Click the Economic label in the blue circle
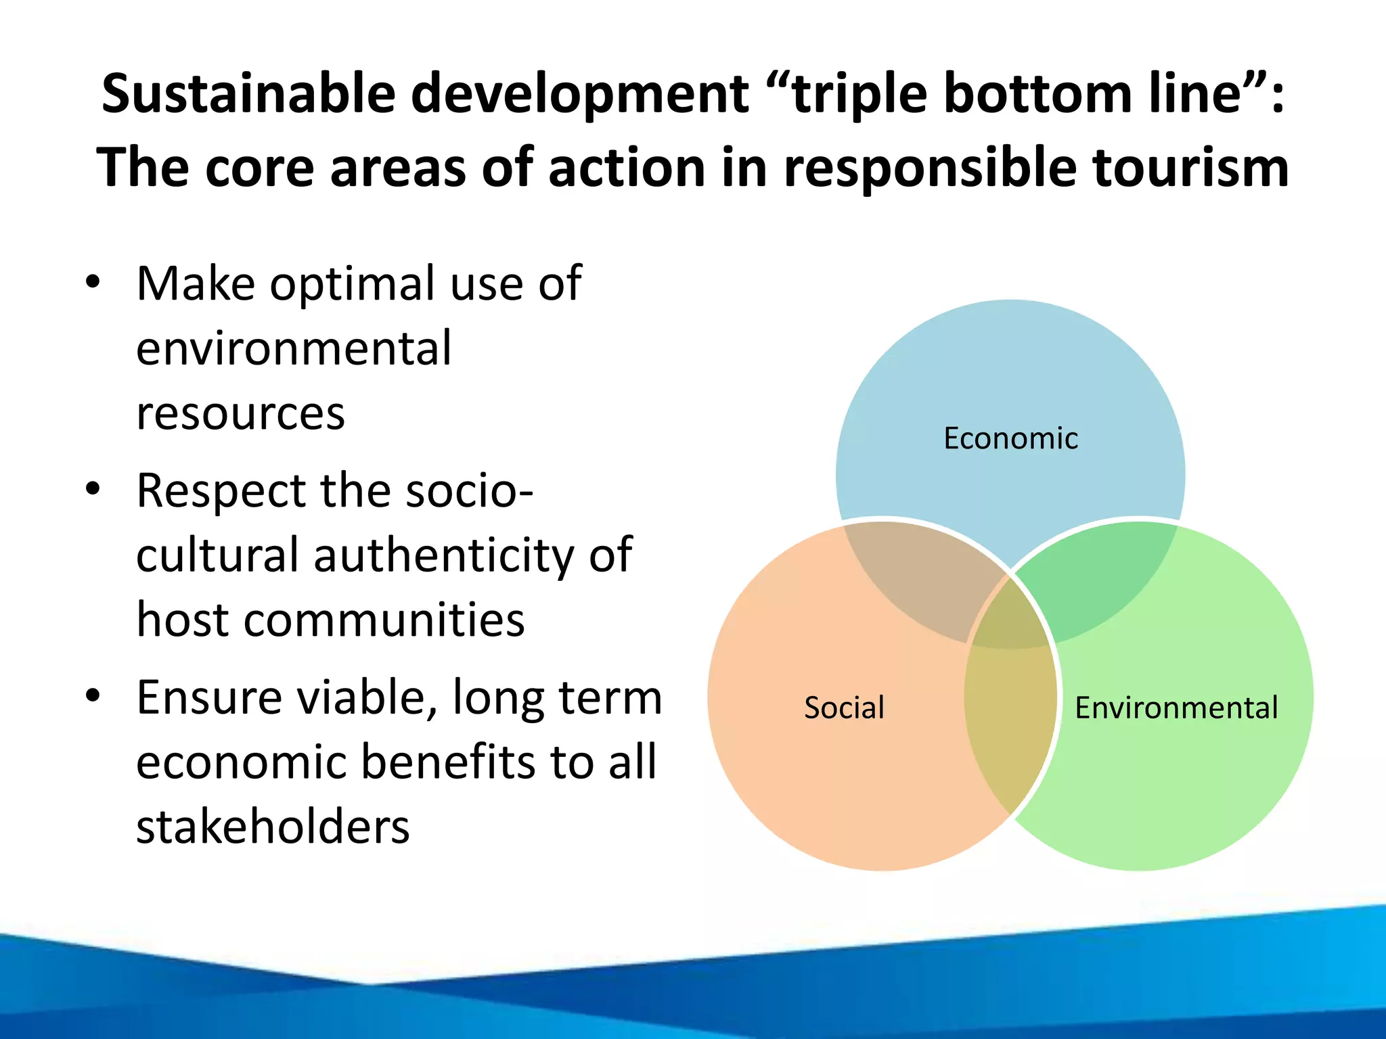[x=1010, y=438]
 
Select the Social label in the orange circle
[x=844, y=708]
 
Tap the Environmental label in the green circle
[x=1176, y=708]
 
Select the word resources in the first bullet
[x=240, y=413]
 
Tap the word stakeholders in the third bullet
[x=273, y=827]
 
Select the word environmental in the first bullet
[x=294, y=348]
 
